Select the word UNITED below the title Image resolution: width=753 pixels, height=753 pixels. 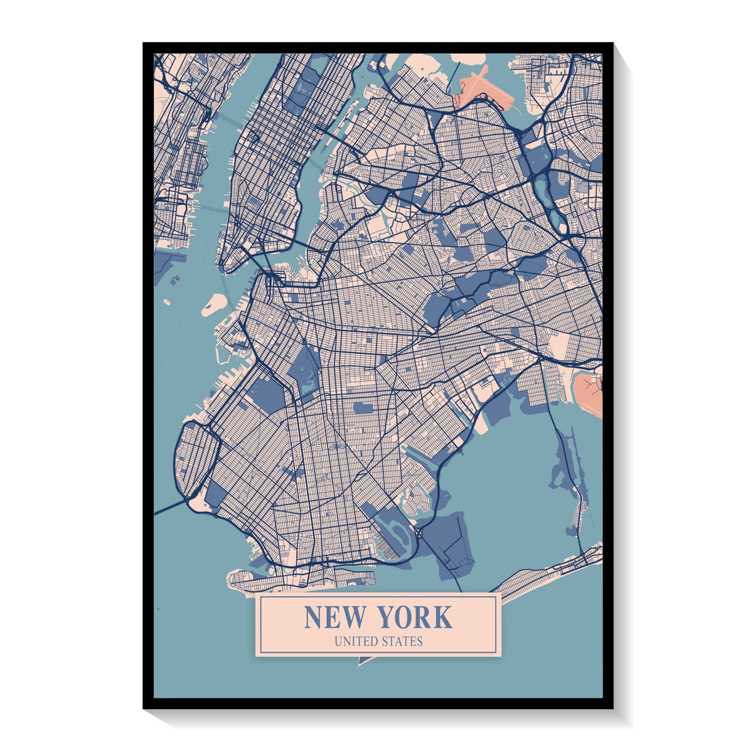click(x=355, y=641)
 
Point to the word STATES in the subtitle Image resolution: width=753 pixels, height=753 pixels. click(x=401, y=641)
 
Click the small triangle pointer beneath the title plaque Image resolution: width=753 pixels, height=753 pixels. click(x=363, y=660)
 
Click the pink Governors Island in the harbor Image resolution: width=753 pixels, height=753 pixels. click(x=214, y=304)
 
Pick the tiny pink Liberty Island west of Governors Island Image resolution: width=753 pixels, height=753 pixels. click(x=167, y=302)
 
